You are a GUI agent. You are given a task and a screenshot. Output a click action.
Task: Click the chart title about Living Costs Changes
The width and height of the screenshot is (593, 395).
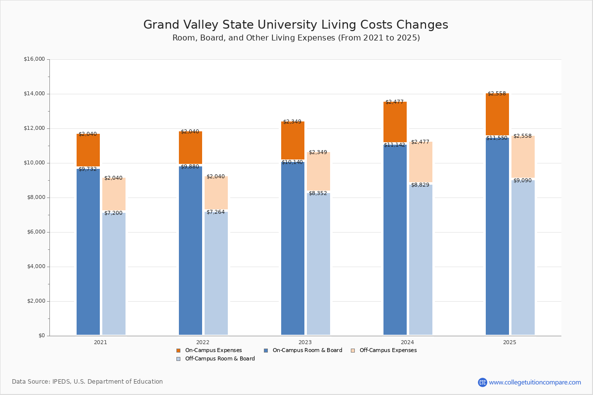(296, 25)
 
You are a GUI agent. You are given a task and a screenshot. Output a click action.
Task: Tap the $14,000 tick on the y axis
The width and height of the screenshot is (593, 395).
(34, 94)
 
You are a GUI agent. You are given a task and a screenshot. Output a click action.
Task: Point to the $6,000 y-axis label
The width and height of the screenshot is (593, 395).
(34, 232)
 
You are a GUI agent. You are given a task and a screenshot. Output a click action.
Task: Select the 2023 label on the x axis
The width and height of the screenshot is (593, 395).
(305, 342)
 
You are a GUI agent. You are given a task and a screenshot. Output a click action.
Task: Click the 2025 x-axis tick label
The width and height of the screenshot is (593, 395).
(509, 342)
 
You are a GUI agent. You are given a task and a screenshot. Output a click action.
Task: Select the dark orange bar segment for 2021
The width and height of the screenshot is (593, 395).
(88, 150)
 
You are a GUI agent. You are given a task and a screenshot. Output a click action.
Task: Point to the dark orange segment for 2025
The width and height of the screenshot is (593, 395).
(497, 114)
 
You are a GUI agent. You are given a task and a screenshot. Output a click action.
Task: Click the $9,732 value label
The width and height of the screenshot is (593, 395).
(87, 169)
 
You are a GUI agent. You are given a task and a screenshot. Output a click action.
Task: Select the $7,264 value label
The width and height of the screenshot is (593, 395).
(215, 212)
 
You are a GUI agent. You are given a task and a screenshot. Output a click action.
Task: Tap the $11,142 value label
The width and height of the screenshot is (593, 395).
(394, 145)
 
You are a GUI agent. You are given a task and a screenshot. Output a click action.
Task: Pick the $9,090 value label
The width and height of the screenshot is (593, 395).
(522, 181)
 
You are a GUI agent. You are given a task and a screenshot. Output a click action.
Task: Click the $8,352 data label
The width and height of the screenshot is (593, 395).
(318, 194)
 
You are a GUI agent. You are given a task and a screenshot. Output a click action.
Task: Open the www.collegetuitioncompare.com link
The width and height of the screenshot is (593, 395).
(535, 382)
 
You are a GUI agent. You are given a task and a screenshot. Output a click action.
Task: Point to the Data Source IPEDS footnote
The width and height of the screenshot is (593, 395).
(87, 382)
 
